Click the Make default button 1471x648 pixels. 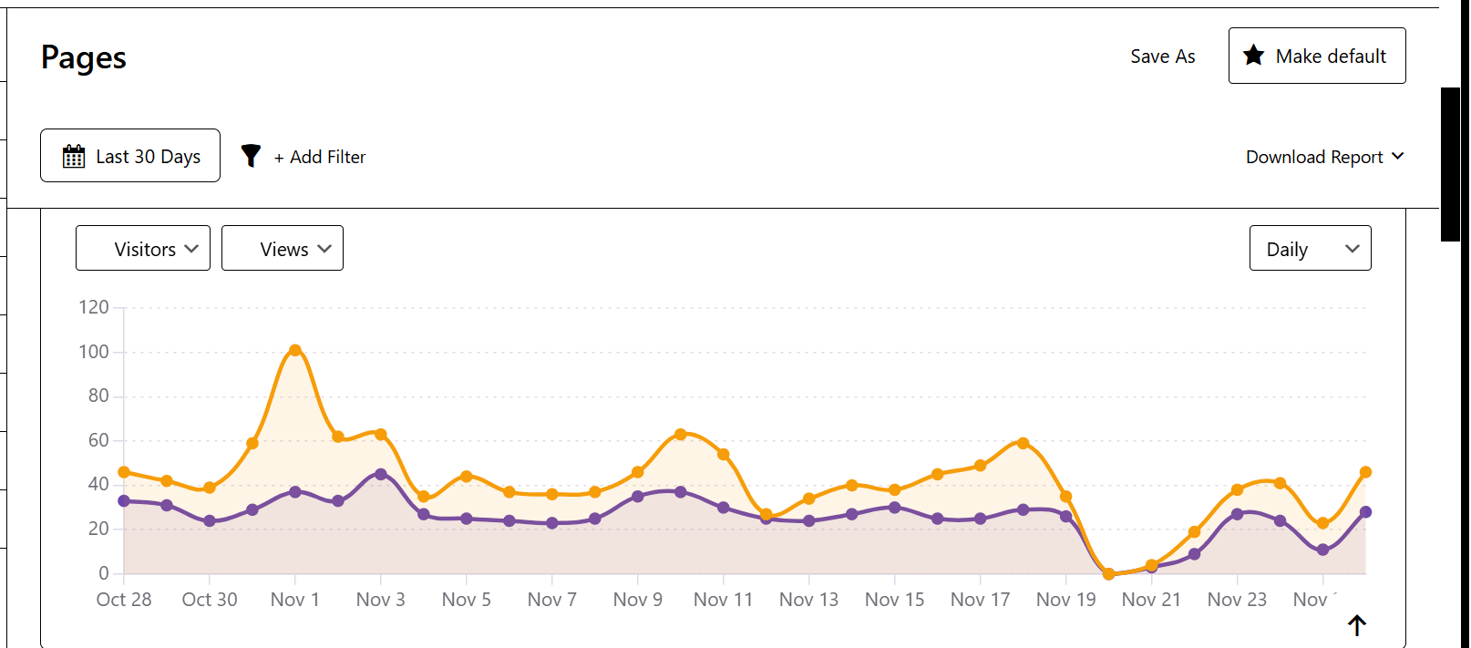[1316, 56]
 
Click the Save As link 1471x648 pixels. [1162, 57]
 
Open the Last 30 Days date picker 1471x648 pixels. [130, 156]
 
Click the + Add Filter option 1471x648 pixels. [319, 157]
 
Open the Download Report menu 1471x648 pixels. [1323, 157]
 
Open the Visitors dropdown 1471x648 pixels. [143, 249]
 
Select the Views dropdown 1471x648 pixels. [283, 249]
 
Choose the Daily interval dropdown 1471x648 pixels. [1310, 249]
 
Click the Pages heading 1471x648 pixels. [84, 57]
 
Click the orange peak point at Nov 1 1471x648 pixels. [295, 350]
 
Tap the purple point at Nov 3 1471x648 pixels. [381, 474]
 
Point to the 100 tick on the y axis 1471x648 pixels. [94, 352]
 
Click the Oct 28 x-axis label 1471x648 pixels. [124, 600]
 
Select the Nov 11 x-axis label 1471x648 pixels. [723, 600]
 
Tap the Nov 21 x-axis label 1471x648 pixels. [1151, 600]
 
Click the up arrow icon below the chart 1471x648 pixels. [1357, 625]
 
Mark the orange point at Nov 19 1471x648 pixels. [1066, 497]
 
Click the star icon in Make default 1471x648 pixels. [1254, 56]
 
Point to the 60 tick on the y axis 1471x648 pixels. [98, 440]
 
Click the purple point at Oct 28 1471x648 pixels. [124, 500]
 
